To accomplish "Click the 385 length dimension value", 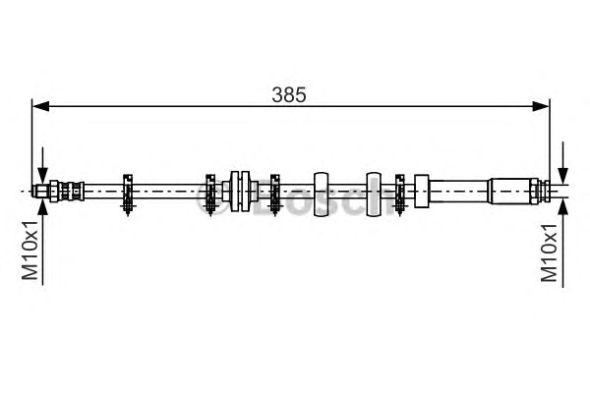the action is (289, 94).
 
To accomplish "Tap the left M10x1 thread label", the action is (29, 251).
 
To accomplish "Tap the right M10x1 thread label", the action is (549, 253).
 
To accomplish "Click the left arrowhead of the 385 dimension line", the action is (41, 106).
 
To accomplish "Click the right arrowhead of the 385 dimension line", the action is (541, 106).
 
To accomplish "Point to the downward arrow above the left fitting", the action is (43, 165).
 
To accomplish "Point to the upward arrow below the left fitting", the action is (43, 242).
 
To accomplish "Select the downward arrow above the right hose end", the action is (562, 163).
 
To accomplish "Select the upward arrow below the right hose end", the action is (562, 243).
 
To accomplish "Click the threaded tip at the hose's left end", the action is (40, 191).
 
